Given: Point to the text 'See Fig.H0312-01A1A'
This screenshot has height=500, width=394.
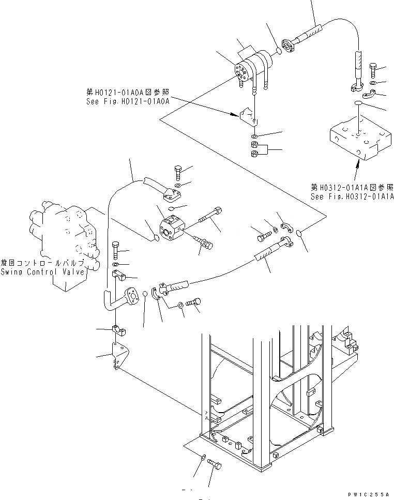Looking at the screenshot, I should click(352, 196).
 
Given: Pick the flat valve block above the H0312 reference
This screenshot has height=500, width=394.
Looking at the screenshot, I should click(358, 139).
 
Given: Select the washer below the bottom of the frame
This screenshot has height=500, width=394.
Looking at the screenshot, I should click(201, 457).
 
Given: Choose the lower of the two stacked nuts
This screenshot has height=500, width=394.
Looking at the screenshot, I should click(254, 155).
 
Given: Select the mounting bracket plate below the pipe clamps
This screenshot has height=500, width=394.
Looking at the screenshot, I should click(116, 357).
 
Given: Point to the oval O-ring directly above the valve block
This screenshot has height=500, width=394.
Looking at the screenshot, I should click(358, 105).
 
